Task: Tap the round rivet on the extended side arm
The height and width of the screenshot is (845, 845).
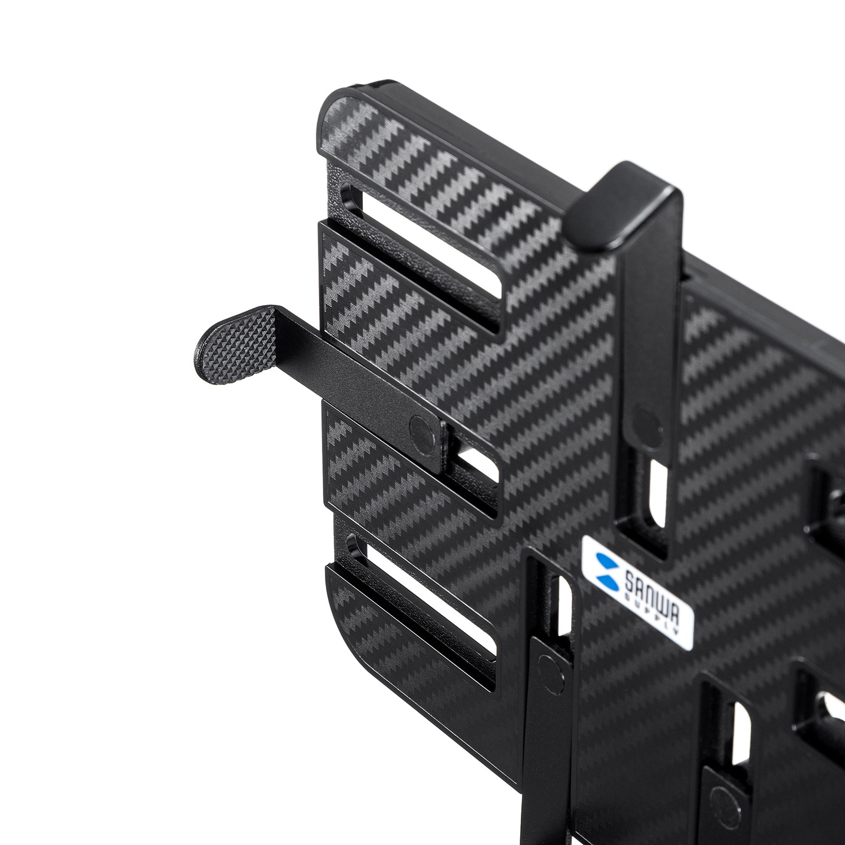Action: click(x=425, y=427)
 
